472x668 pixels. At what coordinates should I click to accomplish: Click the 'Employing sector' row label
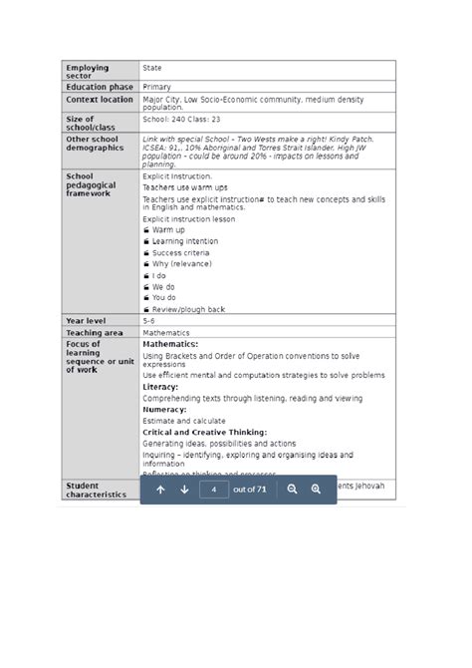(88, 72)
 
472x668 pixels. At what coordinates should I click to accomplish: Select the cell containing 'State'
(152, 68)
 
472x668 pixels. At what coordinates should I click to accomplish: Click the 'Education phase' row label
(100, 87)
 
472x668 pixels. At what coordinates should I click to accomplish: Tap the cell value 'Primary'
(156, 87)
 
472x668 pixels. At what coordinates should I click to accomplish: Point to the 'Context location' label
(100, 100)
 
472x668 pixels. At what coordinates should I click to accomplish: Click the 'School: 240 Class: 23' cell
(181, 119)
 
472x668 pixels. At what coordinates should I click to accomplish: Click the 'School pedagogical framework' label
(91, 185)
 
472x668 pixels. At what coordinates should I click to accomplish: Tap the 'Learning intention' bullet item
(184, 241)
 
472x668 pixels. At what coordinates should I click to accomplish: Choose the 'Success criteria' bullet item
(180, 253)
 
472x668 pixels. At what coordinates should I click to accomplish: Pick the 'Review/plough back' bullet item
(188, 309)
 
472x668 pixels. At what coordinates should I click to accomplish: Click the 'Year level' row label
(86, 321)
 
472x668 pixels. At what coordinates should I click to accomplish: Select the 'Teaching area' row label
(95, 333)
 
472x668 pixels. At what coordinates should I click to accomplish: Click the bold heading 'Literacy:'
(160, 387)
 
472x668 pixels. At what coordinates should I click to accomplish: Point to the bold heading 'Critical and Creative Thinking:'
(204, 432)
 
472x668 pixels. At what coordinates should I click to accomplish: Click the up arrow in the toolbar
(160, 490)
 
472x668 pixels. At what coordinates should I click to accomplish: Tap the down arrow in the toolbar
(184, 490)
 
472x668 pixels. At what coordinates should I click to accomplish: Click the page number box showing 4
(214, 490)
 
